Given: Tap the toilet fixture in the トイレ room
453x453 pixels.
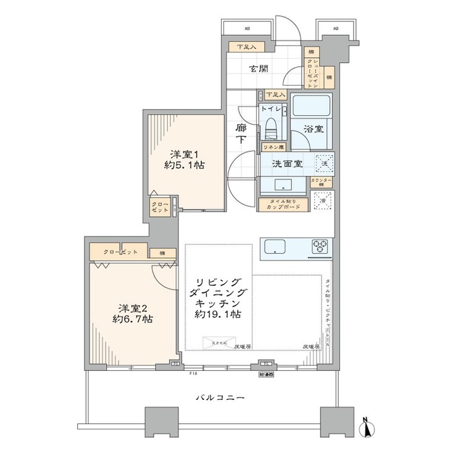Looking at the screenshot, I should tap(271, 127).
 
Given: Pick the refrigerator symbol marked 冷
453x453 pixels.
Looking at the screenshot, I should tap(323, 202).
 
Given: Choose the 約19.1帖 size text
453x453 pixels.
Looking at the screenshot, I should tap(221, 315).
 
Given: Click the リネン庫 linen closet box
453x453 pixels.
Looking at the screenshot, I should tap(270, 148).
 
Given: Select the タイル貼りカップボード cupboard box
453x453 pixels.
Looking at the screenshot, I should tap(282, 204).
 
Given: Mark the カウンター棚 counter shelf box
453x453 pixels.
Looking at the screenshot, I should tap(322, 182).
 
